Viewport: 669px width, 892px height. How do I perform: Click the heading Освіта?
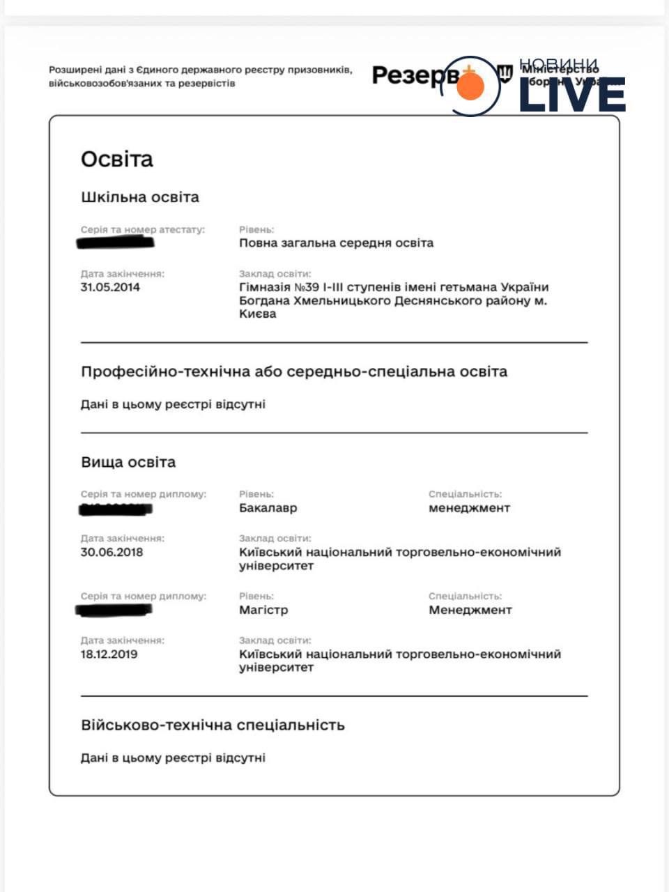[x=116, y=160]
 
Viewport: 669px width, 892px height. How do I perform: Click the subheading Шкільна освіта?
[x=140, y=197]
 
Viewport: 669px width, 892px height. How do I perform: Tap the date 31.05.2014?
[x=110, y=287]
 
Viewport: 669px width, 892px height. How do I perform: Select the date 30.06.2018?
[x=111, y=552]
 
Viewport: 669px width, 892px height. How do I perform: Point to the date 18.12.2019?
[x=109, y=654]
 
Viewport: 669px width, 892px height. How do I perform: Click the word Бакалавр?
[x=268, y=508]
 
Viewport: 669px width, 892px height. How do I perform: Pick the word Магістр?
[x=263, y=610]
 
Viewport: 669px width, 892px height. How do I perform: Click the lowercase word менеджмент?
[x=469, y=508]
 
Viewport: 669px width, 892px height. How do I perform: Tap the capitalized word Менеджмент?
[x=470, y=610]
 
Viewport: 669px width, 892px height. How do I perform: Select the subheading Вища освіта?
[x=128, y=462]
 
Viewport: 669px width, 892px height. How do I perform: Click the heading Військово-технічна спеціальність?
[x=213, y=725]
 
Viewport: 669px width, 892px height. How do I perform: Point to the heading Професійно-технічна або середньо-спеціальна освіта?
[x=294, y=371]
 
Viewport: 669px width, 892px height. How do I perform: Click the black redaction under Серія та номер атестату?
[x=116, y=243]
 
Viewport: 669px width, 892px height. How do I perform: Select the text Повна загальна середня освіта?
[x=336, y=243]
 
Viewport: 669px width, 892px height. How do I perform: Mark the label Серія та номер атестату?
[x=143, y=229]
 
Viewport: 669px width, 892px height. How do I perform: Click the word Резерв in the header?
[x=415, y=75]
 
